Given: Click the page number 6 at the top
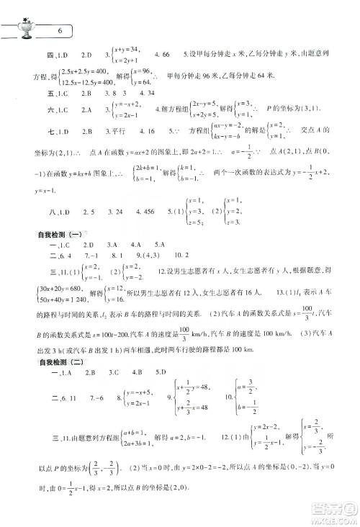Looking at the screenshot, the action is click(x=60, y=31).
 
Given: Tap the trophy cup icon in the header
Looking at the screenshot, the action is click(x=24, y=27).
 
